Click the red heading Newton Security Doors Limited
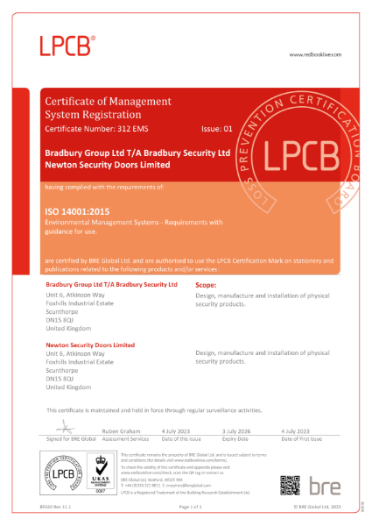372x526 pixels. [x=89, y=345]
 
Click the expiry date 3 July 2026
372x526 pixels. [x=237, y=431]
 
